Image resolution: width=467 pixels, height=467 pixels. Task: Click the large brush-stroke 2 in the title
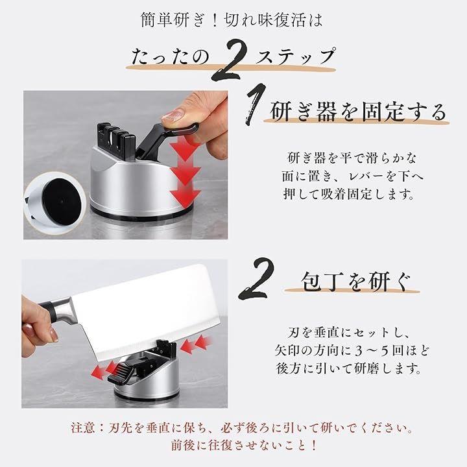pos(230,60)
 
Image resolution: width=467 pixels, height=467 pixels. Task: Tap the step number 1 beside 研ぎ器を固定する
pos(256,104)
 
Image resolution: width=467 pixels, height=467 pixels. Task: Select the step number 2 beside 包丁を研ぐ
pos(257,278)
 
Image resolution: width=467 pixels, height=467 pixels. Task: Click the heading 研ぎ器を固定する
pos(358,112)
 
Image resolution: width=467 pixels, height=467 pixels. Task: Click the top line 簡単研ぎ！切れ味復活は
pos(232,20)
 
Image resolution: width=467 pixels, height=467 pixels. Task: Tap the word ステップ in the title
pos(295,56)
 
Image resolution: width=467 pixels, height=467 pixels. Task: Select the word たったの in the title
pos(170,56)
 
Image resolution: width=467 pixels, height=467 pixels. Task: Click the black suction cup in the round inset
pos(62,202)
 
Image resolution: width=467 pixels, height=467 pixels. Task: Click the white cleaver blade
pos(143,310)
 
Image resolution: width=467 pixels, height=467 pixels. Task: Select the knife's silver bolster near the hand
pos(64,310)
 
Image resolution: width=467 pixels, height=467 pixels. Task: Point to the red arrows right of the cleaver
pos(195,344)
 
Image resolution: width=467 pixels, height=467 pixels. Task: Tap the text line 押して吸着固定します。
pos(349,195)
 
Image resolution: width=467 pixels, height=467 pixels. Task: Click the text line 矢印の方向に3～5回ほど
pos(352,350)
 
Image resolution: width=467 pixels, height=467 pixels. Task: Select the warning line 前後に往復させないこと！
pos(243,445)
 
